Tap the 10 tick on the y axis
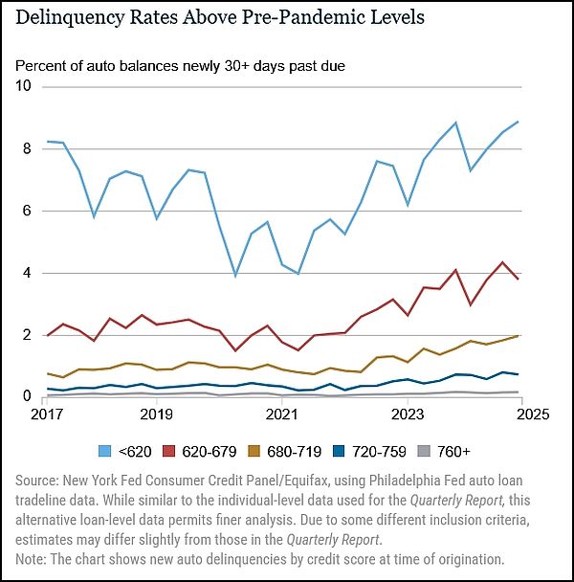23,86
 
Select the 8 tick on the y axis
27,148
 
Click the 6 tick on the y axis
27,211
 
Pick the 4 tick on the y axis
27,273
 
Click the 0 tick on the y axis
27,396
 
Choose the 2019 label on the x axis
156,414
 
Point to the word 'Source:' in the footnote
39,477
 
